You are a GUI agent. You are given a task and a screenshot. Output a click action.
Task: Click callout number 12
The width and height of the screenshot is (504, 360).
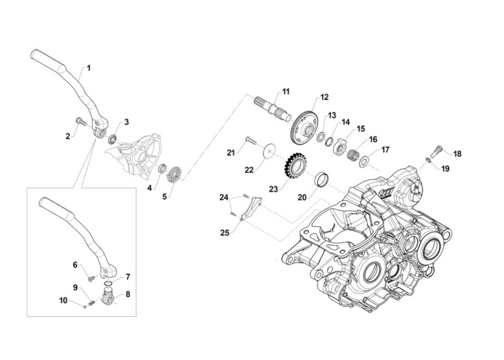click(x=324, y=97)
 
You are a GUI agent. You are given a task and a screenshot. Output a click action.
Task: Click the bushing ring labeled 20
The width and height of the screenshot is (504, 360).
click(x=323, y=179)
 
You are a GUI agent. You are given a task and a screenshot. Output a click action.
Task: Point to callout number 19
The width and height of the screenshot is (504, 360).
click(x=445, y=168)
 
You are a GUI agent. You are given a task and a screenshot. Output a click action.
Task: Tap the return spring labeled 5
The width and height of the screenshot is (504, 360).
click(x=173, y=174)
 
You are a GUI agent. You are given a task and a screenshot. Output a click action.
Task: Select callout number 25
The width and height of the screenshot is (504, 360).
click(x=225, y=232)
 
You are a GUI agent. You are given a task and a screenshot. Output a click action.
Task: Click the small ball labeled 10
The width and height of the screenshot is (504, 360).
click(x=84, y=306)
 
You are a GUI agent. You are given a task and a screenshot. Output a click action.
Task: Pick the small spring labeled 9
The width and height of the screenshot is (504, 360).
click(x=93, y=302)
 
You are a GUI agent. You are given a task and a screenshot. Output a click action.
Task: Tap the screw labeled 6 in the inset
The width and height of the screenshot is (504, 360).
click(x=90, y=278)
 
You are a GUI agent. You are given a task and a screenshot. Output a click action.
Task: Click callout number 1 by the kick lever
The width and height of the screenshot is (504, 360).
click(x=89, y=67)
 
